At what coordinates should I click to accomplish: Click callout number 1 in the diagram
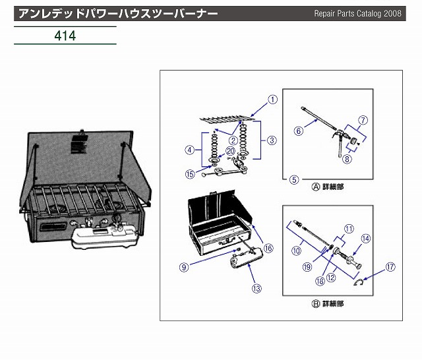(271, 100)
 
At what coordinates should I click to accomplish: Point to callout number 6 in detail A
(298, 131)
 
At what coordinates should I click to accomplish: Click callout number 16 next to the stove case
(268, 249)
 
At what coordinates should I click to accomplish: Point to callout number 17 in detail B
(390, 268)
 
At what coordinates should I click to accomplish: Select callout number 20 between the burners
(229, 151)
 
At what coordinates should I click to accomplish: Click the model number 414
(65, 35)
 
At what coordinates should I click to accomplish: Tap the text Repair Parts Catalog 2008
(366, 13)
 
